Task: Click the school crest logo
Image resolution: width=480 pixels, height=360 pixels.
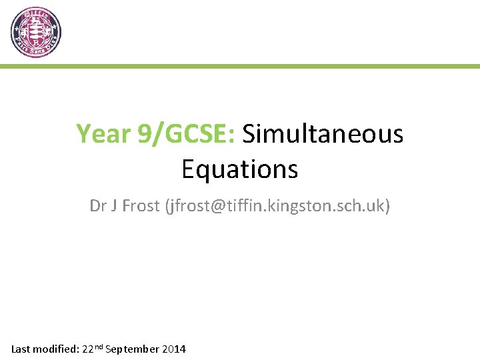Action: point(36,33)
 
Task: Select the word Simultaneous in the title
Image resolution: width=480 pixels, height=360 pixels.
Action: point(323,134)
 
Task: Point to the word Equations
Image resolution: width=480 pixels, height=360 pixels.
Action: point(239,169)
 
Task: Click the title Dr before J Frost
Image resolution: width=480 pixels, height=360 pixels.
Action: point(99,206)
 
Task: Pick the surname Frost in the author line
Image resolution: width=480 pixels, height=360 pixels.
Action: point(140,206)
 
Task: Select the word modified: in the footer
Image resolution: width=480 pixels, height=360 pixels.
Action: point(56,349)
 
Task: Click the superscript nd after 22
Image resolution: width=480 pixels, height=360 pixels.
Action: point(99,346)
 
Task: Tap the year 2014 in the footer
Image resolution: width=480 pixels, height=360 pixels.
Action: point(173,349)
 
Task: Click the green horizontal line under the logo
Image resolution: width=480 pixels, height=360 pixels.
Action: point(240,66)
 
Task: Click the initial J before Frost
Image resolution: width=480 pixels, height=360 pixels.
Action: point(115,206)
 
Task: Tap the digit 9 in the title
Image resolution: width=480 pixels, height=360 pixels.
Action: point(143,134)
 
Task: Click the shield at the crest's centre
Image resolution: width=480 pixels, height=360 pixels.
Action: point(36,32)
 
